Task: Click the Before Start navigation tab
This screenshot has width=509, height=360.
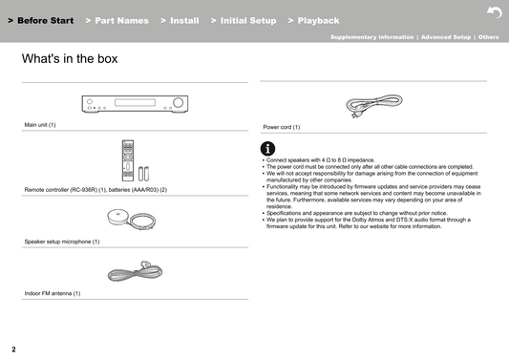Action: pyautogui.click(x=41, y=20)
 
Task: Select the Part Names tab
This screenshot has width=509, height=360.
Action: pyautogui.click(x=117, y=20)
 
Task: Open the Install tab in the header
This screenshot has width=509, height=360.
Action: pyautogui.click(x=180, y=20)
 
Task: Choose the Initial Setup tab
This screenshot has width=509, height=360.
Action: pyautogui.click(x=244, y=20)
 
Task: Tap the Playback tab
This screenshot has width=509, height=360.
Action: pyautogui.click(x=313, y=20)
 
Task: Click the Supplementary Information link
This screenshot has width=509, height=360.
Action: pyautogui.click(x=372, y=37)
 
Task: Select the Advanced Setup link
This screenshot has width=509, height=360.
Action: pyautogui.click(x=446, y=37)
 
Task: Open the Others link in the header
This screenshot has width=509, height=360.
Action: pyautogui.click(x=489, y=37)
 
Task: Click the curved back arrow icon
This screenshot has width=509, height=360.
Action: pyautogui.click(x=495, y=12)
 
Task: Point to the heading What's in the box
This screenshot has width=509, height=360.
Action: pyautogui.click(x=70, y=59)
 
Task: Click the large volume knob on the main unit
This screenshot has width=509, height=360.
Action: pyautogui.click(x=178, y=102)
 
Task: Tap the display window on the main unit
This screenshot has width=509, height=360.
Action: pyautogui.click(x=135, y=102)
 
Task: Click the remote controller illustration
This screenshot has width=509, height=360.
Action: pyautogui.click(x=128, y=160)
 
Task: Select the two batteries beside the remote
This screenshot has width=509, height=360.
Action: pyautogui.click(x=144, y=174)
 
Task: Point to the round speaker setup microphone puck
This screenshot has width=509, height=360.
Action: pyautogui.click(x=117, y=217)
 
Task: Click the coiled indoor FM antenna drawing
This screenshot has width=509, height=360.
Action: pyautogui.click(x=135, y=271)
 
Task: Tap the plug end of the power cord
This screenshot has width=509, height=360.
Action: pyautogui.click(x=354, y=115)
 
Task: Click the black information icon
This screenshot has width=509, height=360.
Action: pyautogui.click(x=267, y=149)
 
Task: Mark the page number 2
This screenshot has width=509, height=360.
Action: pyautogui.click(x=13, y=349)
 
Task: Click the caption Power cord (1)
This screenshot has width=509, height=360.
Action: pyautogui.click(x=282, y=127)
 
